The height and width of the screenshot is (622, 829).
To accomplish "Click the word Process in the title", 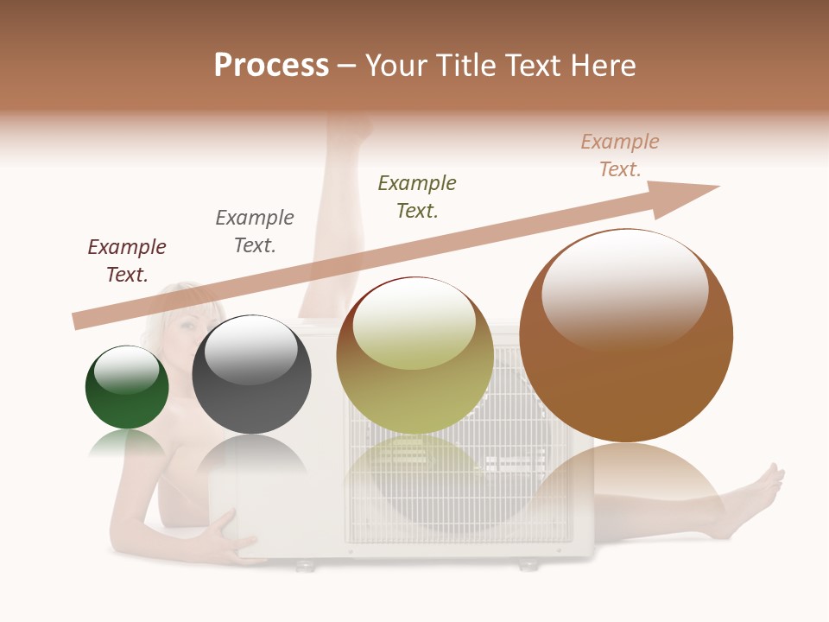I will pos(271,66).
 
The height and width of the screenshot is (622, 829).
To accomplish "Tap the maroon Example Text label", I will pos(127,261).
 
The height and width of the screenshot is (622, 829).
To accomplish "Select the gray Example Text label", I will pos(255,232).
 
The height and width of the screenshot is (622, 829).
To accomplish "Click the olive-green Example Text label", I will pos(417,197).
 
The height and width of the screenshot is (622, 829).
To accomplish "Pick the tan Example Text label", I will pos(620,155).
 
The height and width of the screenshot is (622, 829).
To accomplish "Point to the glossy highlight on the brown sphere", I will pos(625,285).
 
